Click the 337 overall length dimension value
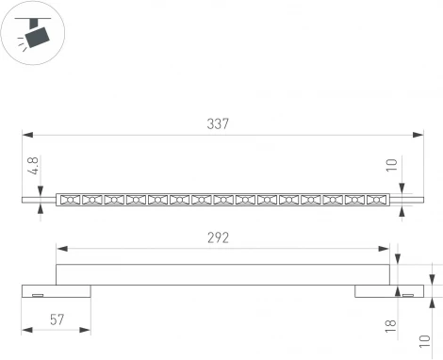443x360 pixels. pyautogui.click(x=218, y=123)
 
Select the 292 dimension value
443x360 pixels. pyautogui.click(x=218, y=238)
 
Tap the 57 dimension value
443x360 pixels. pyautogui.click(x=56, y=320)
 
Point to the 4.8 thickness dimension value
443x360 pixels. pyautogui.click(x=34, y=167)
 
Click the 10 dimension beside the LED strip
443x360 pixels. pyautogui.click(x=403, y=167)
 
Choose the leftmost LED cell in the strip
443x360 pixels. pyautogui.click(x=70, y=200)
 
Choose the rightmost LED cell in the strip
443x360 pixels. pyautogui.click(x=376, y=200)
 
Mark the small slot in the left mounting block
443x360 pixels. pyautogui.click(x=39, y=295)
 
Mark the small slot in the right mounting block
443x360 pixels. pyautogui.click(x=408, y=295)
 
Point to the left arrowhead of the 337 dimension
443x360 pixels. pyautogui.click(x=25, y=135)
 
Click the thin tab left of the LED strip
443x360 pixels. pyautogui.click(x=40, y=200)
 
